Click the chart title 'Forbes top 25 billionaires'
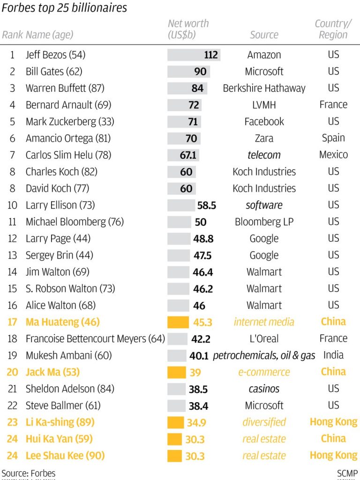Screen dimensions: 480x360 [64, 8]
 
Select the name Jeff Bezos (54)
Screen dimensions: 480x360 [55, 55]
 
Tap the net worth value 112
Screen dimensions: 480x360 [211, 55]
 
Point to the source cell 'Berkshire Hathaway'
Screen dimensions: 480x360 [264, 88]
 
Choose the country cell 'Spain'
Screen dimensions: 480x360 [333, 138]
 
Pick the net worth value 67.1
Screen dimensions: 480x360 [188, 155]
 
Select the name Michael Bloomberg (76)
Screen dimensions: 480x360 [75, 222]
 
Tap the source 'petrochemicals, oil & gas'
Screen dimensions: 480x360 [264, 355]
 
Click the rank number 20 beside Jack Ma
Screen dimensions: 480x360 [12, 372]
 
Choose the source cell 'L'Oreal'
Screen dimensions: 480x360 [264, 338]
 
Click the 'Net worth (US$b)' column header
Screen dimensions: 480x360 [188, 29]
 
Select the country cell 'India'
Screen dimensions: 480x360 [333, 355]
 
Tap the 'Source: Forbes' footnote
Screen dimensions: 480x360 [28, 473]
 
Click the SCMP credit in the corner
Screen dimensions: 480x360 [347, 473]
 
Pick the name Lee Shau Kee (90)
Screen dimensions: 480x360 [65, 456]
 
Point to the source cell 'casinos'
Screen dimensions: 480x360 [264, 389]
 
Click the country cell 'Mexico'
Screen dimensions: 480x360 [333, 155]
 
